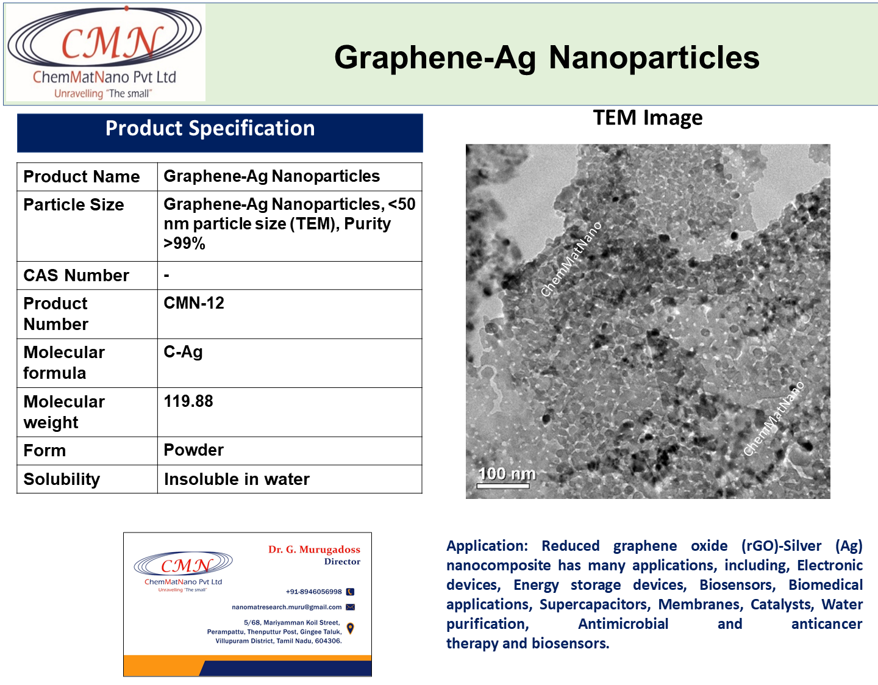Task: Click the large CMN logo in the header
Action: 105,52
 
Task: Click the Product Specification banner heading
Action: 210,129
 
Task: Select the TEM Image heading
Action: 648,118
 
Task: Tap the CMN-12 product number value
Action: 193,303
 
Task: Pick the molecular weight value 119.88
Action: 188,401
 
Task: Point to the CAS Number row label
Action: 76,276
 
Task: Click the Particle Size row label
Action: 74,205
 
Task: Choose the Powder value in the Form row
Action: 193,450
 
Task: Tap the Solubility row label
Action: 62,479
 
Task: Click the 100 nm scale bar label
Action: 507,473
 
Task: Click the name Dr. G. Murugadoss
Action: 314,550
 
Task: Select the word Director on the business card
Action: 342,561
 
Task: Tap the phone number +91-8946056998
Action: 313,592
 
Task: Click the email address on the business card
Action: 287,607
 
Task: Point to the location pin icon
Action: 351,628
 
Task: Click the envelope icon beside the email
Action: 351,607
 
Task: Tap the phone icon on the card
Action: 351,592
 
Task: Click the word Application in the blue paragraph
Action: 487,546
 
